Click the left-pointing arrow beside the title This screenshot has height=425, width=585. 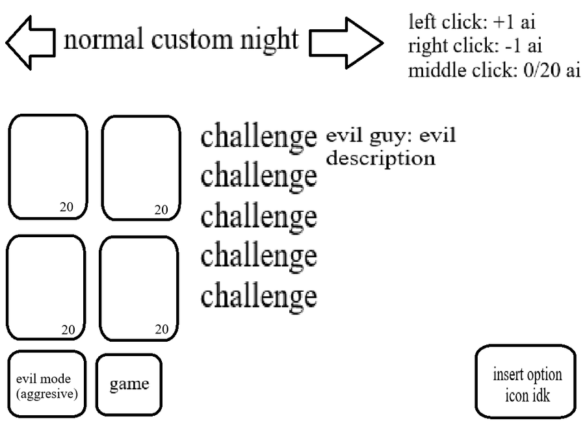pos(29,43)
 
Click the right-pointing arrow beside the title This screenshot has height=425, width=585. pos(345,43)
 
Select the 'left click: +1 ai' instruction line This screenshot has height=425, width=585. pos(472,22)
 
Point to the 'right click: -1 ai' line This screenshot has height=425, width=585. pos(476,46)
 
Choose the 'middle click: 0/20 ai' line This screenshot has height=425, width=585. pos(494,70)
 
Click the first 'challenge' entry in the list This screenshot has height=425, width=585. pos(259,138)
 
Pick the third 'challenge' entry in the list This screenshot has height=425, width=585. pos(259,216)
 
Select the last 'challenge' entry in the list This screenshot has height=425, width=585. pos(259,296)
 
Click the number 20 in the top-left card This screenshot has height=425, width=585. pos(67,207)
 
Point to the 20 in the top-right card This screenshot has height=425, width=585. pos(161,209)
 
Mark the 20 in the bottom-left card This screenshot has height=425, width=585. pos(68,329)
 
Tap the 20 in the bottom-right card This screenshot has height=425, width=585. pos(161,329)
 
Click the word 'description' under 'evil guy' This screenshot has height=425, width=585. pos(380,159)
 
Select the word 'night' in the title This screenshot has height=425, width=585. pos(268,40)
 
